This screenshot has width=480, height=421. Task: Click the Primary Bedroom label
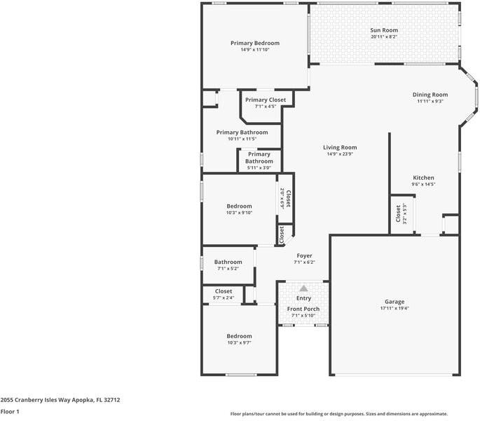tap(255, 43)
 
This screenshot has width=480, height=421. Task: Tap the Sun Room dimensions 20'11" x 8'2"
tap(384, 37)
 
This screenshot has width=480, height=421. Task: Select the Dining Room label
tap(430, 95)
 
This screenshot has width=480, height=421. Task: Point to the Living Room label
tap(340, 147)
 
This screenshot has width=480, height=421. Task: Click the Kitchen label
tap(423, 178)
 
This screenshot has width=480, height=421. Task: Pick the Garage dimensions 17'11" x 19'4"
tap(395, 308)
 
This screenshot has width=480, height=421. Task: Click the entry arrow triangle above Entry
tap(303, 288)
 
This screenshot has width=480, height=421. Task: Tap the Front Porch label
tap(303, 309)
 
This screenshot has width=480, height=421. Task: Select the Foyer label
tap(304, 255)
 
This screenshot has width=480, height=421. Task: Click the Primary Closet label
tap(266, 100)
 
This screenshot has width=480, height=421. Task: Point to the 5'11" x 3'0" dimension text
tap(259, 168)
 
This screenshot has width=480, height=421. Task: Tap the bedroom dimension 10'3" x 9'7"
tap(239, 342)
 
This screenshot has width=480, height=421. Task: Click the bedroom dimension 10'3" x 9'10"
tap(239, 213)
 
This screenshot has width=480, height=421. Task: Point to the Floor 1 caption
tap(10, 412)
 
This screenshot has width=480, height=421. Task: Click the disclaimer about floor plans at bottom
tap(339, 414)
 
